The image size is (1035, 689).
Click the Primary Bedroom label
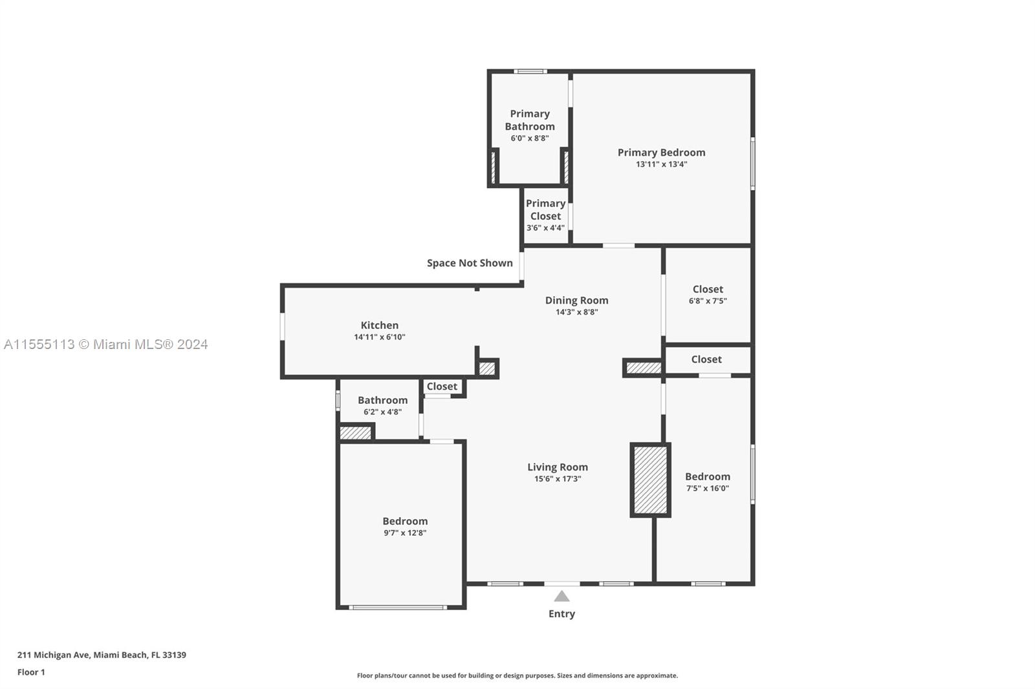(661, 153)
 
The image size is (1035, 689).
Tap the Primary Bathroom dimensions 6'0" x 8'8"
(530, 138)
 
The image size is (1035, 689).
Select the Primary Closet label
(546, 209)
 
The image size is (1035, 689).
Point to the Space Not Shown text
(470, 263)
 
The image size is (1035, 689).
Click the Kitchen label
(379, 325)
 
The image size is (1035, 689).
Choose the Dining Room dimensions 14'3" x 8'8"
(576, 312)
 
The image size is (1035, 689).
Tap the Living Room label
(558, 467)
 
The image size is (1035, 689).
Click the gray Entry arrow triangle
(561, 596)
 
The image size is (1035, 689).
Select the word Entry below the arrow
(561, 614)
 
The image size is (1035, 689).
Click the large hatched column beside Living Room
(650, 480)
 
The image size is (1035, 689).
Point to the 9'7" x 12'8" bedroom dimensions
(405, 533)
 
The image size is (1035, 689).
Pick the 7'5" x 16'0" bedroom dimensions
(708, 488)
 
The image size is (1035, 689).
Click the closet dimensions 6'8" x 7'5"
(708, 301)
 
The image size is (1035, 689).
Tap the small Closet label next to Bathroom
(442, 387)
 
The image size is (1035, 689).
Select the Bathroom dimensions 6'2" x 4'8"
(382, 412)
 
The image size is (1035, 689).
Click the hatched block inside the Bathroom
(355, 432)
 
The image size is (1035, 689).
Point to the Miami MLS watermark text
(106, 344)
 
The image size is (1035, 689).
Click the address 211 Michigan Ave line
(102, 655)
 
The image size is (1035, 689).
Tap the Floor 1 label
(31, 672)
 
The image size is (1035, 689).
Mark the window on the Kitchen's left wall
(282, 327)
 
